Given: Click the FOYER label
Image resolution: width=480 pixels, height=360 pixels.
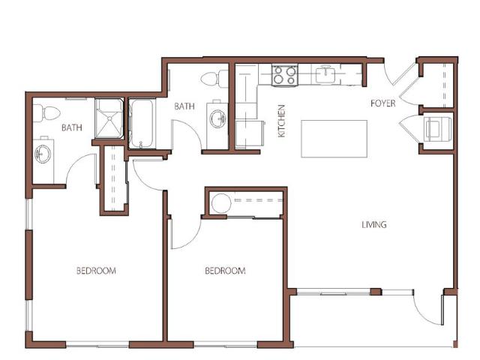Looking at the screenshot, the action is [x=382, y=103].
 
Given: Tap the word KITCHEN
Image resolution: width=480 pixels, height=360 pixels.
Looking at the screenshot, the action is [x=281, y=121].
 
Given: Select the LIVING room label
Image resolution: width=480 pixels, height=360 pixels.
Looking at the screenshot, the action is [x=374, y=225].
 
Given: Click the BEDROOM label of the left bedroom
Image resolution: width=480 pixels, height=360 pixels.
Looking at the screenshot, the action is [x=96, y=271].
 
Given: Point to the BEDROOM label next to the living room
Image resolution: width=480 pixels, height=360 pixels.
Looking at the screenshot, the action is [x=225, y=271].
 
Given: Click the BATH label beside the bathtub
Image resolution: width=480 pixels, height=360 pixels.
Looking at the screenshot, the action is [x=184, y=106].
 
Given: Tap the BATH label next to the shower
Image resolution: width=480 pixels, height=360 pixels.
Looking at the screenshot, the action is [x=72, y=127].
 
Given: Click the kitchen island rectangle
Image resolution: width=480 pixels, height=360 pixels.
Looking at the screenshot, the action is [x=334, y=139].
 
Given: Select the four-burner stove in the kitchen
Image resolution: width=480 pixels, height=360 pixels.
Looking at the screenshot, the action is [x=284, y=75].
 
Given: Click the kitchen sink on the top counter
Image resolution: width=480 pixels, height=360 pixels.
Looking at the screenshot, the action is [x=326, y=74].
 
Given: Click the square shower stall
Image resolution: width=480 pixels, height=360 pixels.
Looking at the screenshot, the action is [x=109, y=118].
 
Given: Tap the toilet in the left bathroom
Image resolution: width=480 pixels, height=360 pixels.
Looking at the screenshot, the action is [x=46, y=113].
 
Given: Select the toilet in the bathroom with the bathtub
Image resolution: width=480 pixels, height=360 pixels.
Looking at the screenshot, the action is [x=214, y=79].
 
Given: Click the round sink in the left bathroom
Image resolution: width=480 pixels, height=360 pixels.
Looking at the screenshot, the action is [x=43, y=154].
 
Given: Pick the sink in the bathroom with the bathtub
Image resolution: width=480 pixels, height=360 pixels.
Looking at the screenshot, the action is [x=218, y=118].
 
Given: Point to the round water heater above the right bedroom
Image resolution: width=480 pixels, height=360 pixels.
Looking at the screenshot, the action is [x=220, y=203].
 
